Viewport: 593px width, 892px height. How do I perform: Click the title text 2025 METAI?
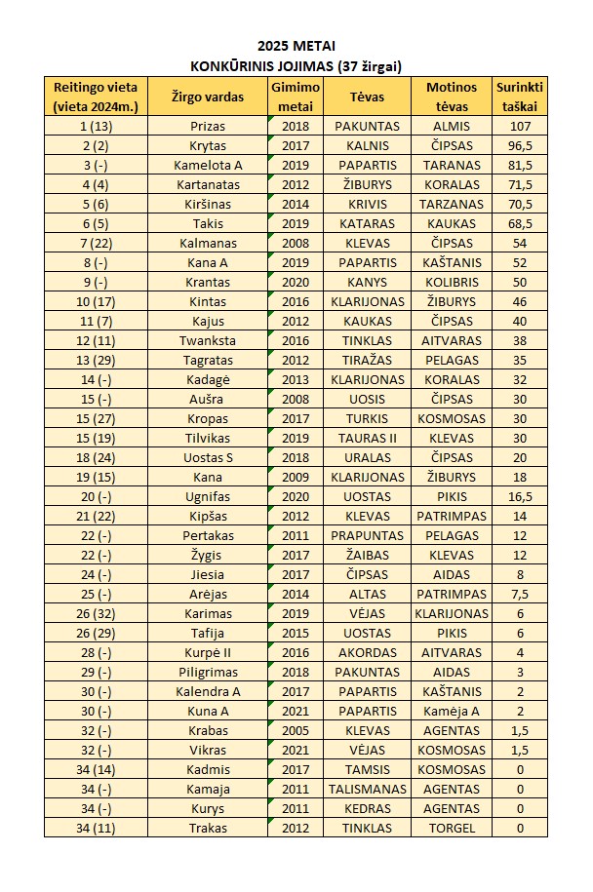[296, 46]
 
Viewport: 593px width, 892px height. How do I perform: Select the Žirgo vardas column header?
[207, 97]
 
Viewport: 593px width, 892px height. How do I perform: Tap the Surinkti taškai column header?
[519, 97]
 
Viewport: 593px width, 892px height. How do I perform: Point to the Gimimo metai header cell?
[295, 97]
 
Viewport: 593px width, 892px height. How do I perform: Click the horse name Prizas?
[207, 126]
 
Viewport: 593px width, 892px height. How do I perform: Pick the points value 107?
[519, 126]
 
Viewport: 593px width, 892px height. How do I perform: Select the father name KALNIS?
[367, 145]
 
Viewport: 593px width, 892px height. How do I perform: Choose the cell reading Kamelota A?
[207, 165]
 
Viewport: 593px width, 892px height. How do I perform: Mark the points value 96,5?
[519, 145]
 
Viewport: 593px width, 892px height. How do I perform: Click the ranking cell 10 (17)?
[96, 301]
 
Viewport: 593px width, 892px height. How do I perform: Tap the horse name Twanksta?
[207, 340]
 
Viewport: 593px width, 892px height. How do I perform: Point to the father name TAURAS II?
[367, 438]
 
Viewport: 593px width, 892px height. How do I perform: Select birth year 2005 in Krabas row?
[295, 730]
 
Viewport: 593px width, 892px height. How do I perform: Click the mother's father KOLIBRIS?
[451, 282]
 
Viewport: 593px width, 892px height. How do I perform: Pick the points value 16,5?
[519, 496]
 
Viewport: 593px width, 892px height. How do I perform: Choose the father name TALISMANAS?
[367, 789]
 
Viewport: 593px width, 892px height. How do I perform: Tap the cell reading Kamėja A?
[451, 711]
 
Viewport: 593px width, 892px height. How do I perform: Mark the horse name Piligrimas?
[207, 672]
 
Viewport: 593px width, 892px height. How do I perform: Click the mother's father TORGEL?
[451, 828]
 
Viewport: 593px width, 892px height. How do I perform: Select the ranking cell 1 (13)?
[96, 126]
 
